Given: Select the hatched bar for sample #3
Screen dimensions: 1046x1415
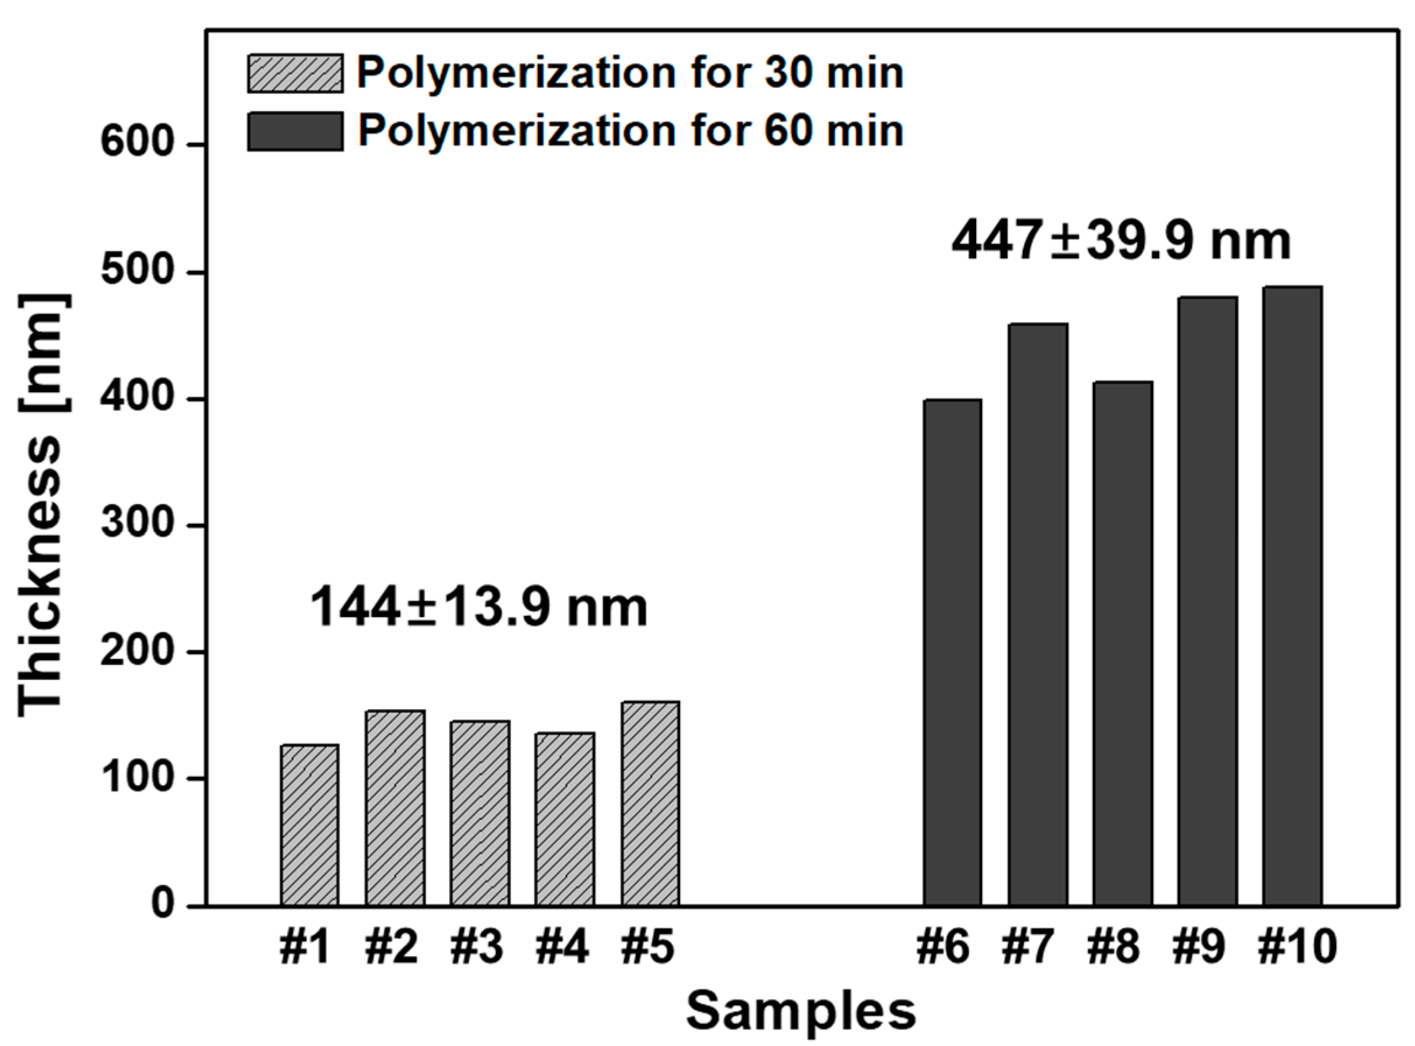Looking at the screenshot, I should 480,813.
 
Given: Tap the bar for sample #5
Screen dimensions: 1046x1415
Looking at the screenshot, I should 650,804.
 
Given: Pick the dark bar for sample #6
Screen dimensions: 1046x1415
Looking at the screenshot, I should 952,652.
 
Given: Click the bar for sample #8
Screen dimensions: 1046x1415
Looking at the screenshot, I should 1122,643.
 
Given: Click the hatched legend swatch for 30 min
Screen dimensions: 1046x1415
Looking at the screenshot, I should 295,73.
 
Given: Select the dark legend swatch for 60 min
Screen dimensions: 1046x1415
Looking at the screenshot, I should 295,131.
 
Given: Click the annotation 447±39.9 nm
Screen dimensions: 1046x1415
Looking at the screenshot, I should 1121,241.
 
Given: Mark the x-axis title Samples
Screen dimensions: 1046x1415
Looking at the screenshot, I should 801,1012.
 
